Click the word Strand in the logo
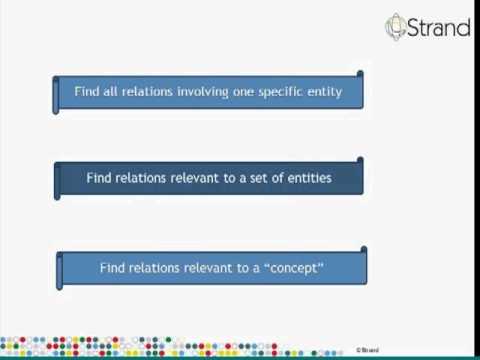438,27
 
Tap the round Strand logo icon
397,26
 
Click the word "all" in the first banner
110,92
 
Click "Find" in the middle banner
99,179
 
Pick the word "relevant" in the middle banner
195,179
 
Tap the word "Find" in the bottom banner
113,268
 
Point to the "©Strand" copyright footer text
366,351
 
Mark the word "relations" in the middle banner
140,179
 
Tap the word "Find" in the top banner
86,92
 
